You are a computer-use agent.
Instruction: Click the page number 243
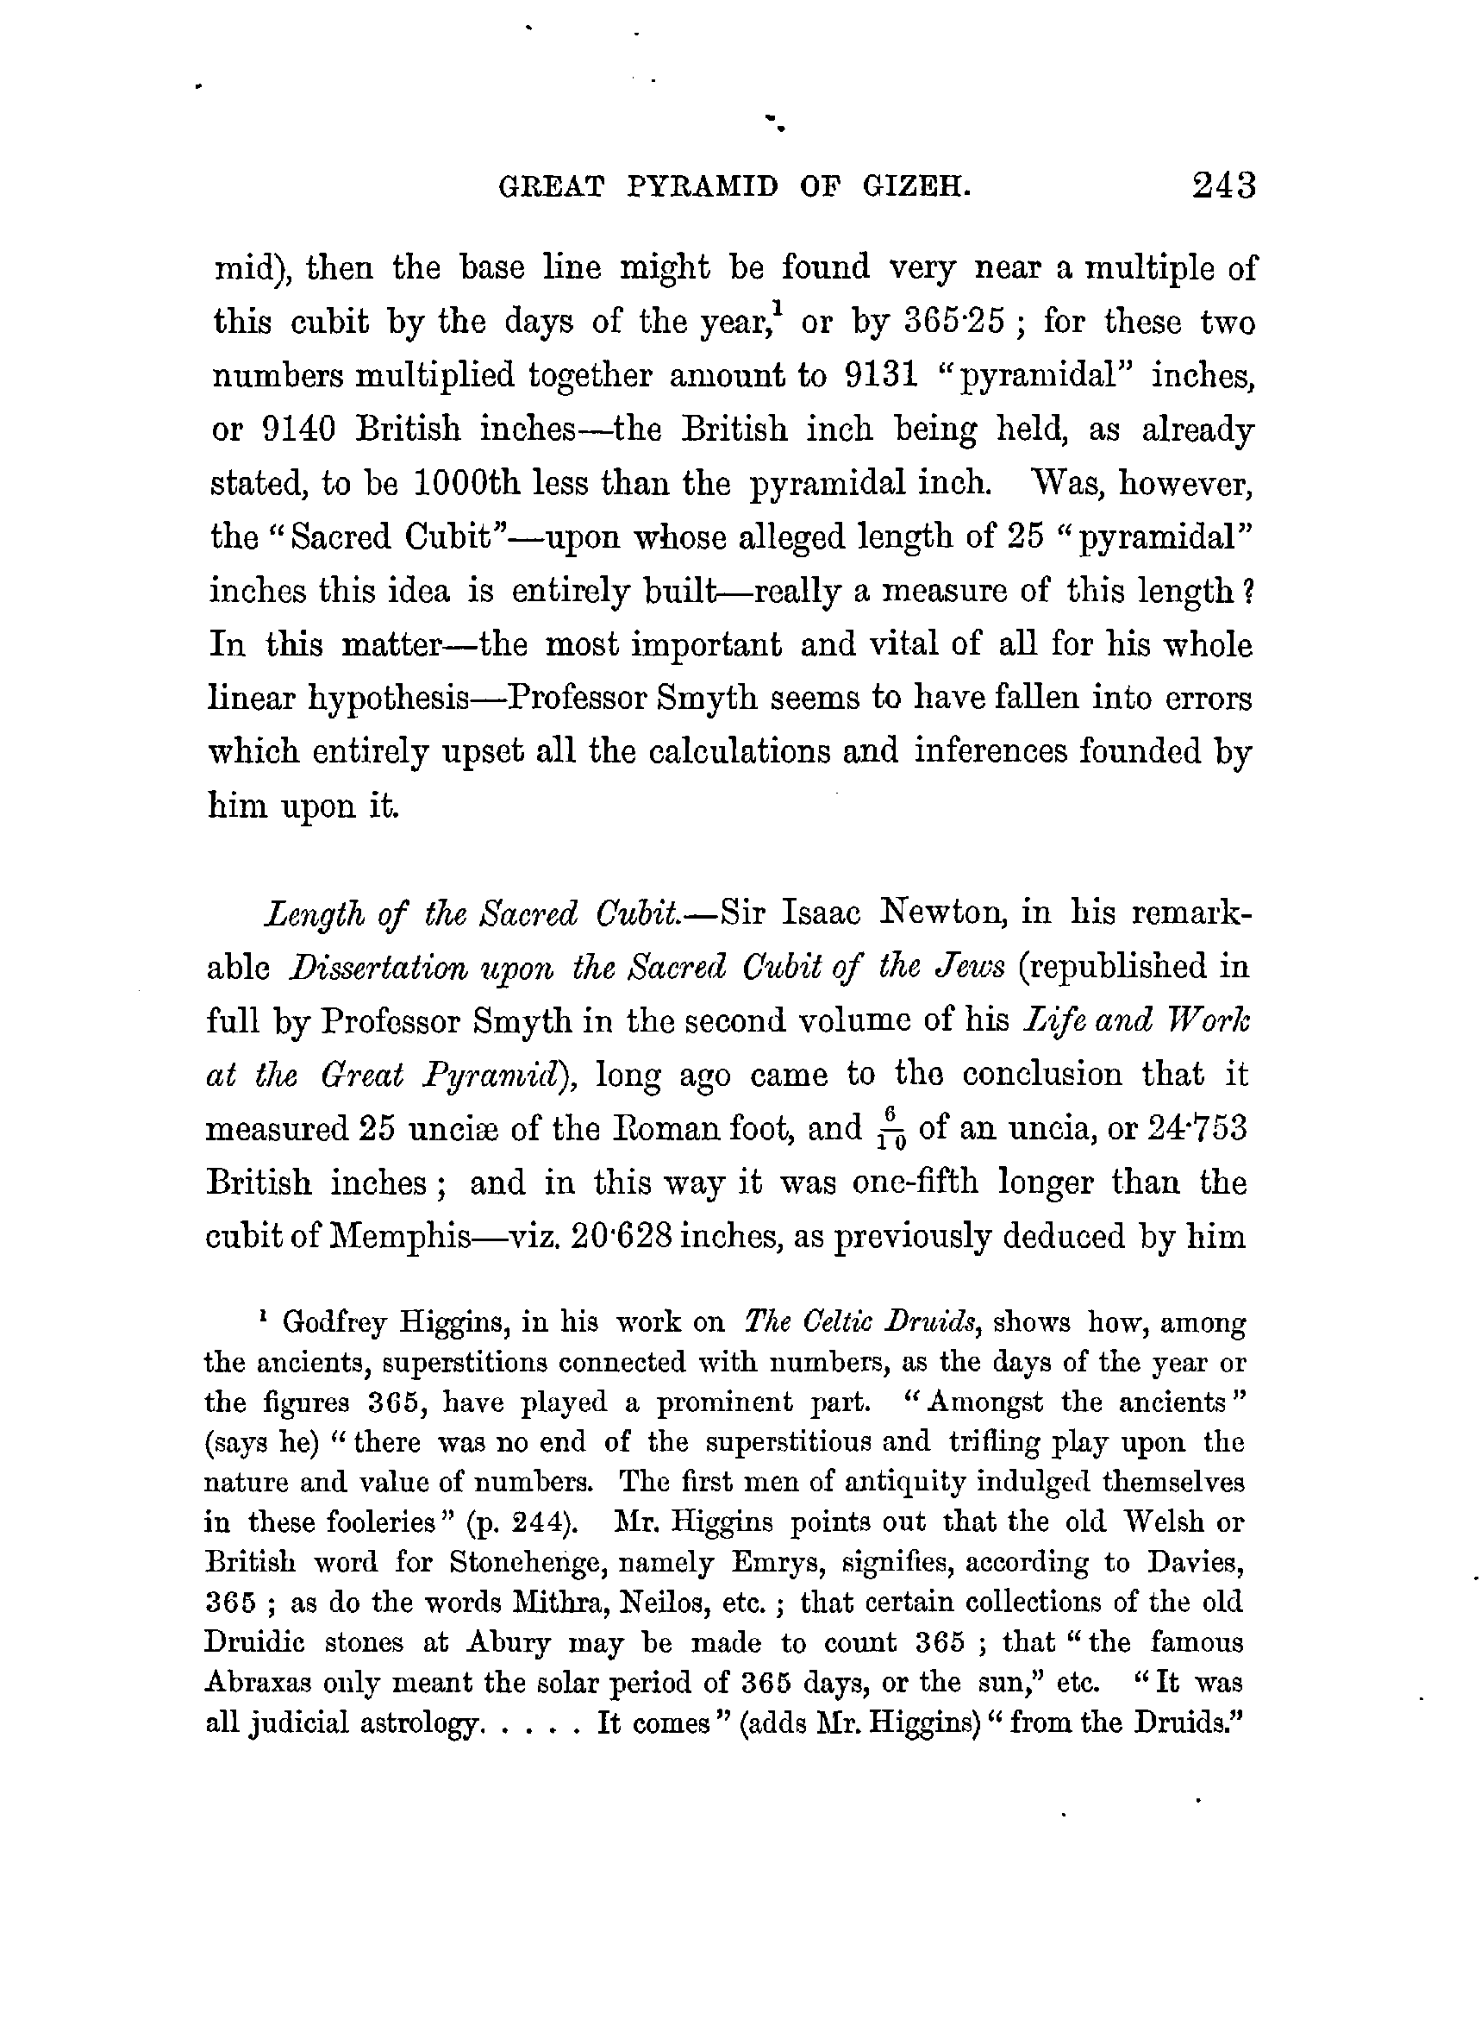[1223, 186]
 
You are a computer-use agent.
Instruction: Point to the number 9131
[882, 376]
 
